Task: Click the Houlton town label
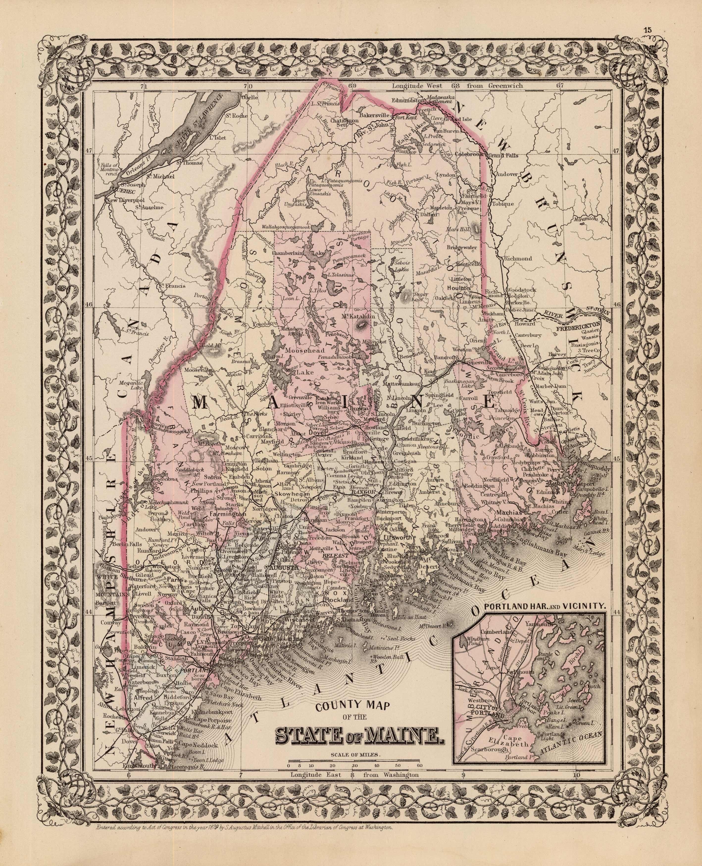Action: tap(459, 288)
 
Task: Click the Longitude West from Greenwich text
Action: tap(457, 86)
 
